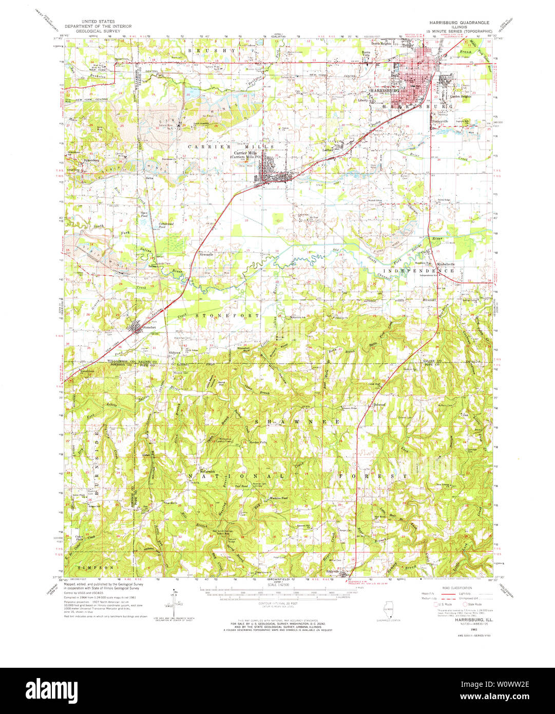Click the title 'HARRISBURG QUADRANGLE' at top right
pyautogui.click(x=460, y=23)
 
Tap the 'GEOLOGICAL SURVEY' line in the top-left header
pyautogui.click(x=97, y=30)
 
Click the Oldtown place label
pyautogui.click(x=175, y=352)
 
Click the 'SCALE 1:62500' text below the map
pyautogui.click(x=278, y=585)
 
